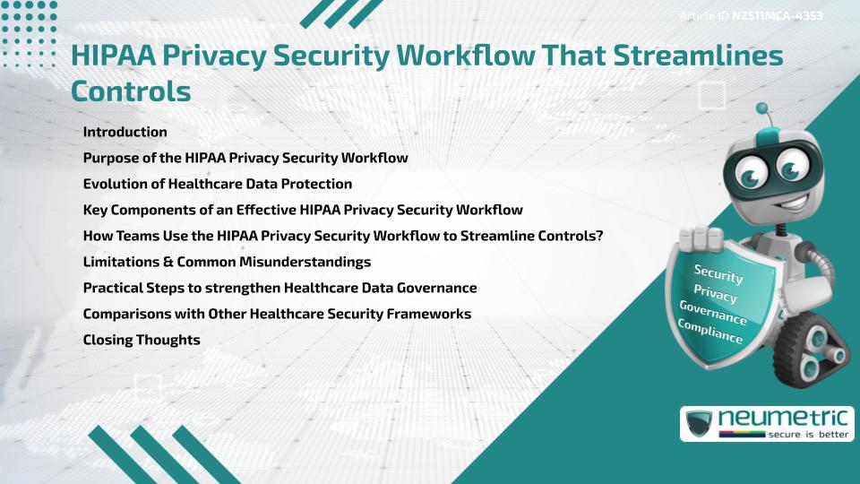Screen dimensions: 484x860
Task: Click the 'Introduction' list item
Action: coord(125,132)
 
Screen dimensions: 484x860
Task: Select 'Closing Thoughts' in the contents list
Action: coord(141,340)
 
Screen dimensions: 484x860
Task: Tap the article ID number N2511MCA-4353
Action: coord(778,16)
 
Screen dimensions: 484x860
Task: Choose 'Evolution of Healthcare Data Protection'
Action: coord(217,184)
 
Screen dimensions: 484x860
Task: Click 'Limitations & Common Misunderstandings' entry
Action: coord(227,262)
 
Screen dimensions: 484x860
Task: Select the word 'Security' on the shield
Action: coord(718,273)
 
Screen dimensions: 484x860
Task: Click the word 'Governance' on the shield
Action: coord(713,312)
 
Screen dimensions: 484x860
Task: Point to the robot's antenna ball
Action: coord(762,108)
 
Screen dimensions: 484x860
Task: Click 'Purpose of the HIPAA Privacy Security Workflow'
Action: coord(245,158)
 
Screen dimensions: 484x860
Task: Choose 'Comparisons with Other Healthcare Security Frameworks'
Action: coord(277,314)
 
